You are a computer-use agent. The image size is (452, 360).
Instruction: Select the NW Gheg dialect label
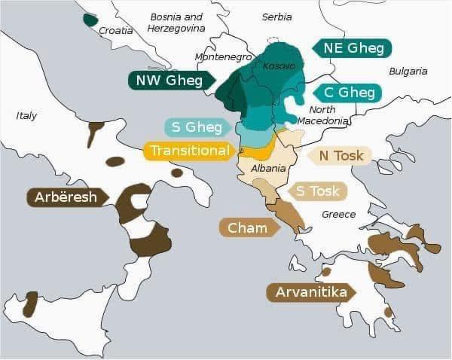[169, 81]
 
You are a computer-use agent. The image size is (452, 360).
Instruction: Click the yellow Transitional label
[188, 151]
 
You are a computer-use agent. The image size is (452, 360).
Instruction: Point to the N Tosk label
[341, 155]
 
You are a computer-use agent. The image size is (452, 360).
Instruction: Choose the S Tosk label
[317, 191]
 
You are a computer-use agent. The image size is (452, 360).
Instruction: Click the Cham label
[248, 227]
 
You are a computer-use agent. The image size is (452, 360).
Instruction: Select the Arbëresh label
[66, 197]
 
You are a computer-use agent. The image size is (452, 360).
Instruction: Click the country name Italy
[26, 116]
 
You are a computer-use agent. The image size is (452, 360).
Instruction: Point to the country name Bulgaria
[408, 72]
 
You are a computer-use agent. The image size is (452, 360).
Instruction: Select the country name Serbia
[276, 17]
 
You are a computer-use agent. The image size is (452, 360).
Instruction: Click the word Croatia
[116, 31]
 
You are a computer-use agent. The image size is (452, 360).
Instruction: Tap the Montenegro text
[223, 57]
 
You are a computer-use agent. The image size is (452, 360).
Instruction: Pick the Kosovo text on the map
[279, 66]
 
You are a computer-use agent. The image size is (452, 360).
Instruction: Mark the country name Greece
[338, 215]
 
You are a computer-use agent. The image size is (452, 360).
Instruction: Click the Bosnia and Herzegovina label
[177, 22]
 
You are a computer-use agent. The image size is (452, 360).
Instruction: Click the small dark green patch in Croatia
[90, 19]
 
